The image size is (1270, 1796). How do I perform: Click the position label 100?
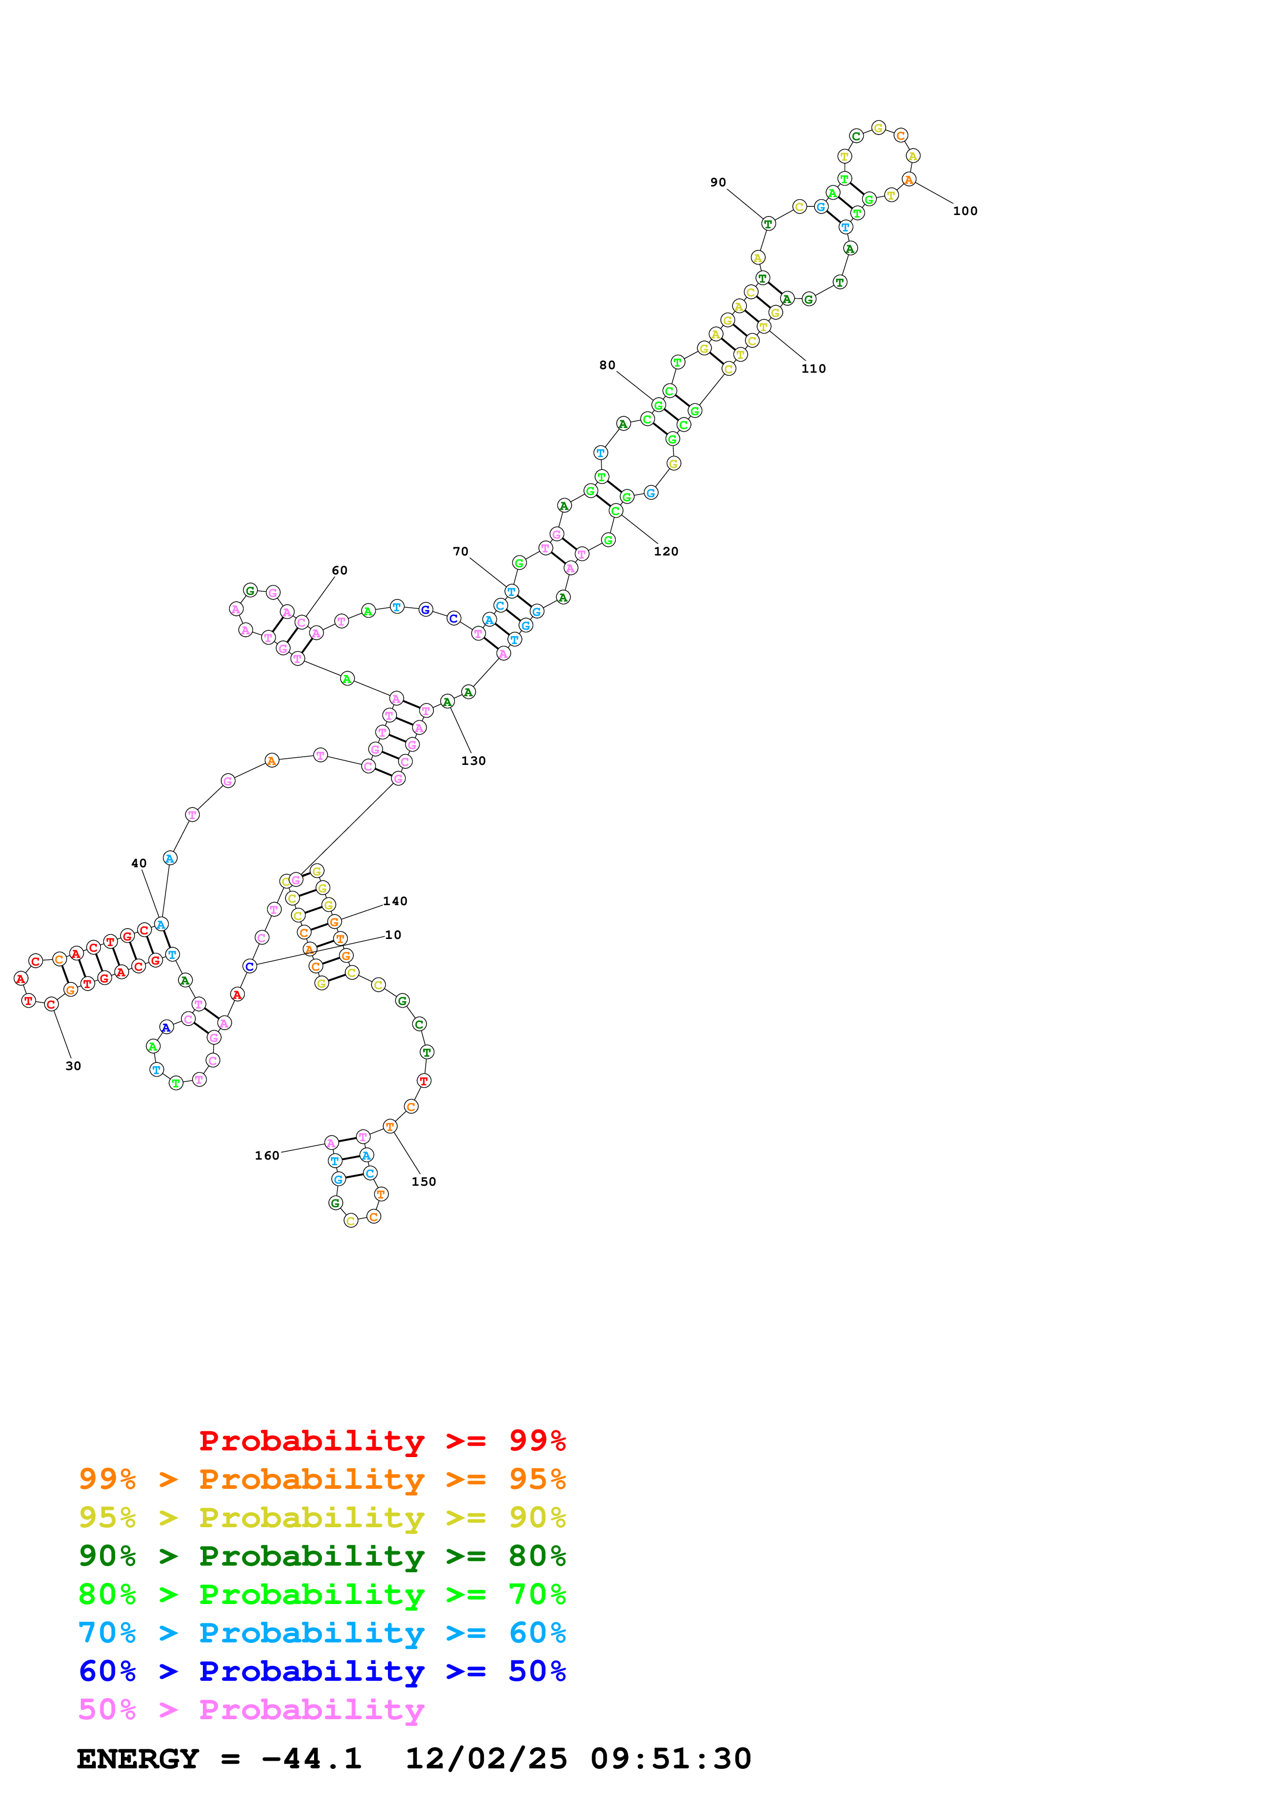click(964, 211)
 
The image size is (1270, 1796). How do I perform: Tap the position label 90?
click(718, 182)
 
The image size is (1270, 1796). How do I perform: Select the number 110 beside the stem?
click(813, 369)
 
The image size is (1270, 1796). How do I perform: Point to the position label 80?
click(607, 366)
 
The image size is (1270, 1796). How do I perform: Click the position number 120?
click(666, 551)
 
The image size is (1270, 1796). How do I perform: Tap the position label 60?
click(340, 570)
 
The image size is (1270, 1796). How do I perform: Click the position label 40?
click(138, 864)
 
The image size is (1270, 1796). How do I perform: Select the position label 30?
click(73, 1066)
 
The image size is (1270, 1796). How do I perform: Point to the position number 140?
click(395, 901)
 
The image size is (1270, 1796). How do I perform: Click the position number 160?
click(267, 1156)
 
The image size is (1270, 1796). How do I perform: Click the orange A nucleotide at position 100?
click(908, 180)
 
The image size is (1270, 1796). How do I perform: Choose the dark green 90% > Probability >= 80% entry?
click(322, 1556)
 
